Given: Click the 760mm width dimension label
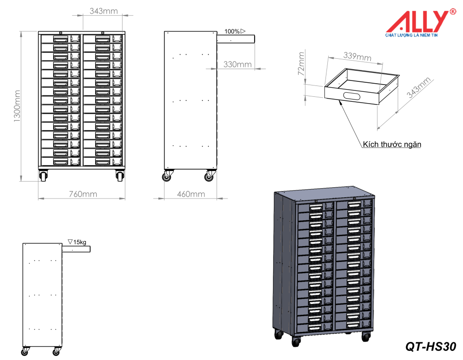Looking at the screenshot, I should tap(83, 194).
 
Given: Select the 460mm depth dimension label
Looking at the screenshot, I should tap(190, 194).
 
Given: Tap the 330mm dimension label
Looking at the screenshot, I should tap(237, 65).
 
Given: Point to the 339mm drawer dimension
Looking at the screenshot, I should tap(357, 57).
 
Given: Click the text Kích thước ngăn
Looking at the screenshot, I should tap(392, 145).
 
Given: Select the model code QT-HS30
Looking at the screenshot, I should tap(430, 346).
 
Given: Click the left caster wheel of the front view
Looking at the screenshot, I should tap(43, 176).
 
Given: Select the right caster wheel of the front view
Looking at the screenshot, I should tap(120, 176).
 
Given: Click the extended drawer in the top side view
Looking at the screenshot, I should tap(236, 39).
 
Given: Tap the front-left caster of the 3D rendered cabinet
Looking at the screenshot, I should tap(296, 341).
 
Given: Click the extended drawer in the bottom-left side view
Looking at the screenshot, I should tap(76, 249).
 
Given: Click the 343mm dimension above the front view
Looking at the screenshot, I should tap(103, 11).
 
